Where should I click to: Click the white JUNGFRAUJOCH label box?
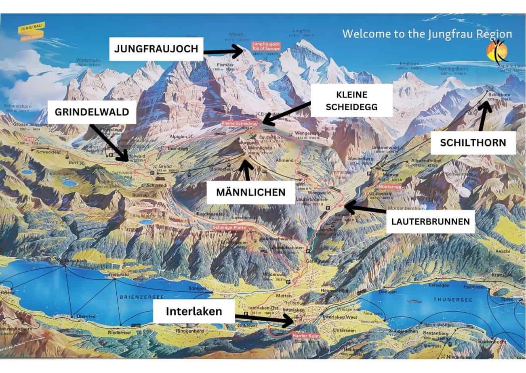tap(156, 49)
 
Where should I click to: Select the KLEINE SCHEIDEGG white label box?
tap(351, 100)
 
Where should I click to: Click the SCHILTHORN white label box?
tap(473, 142)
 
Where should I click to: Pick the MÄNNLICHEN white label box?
tap(250, 192)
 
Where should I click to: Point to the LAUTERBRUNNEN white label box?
tap(430, 221)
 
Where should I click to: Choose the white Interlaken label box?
tap(194, 311)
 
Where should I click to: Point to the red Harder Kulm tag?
tap(304, 335)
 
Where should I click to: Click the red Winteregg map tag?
tap(389, 187)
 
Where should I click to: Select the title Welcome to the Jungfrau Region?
tap(427, 34)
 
